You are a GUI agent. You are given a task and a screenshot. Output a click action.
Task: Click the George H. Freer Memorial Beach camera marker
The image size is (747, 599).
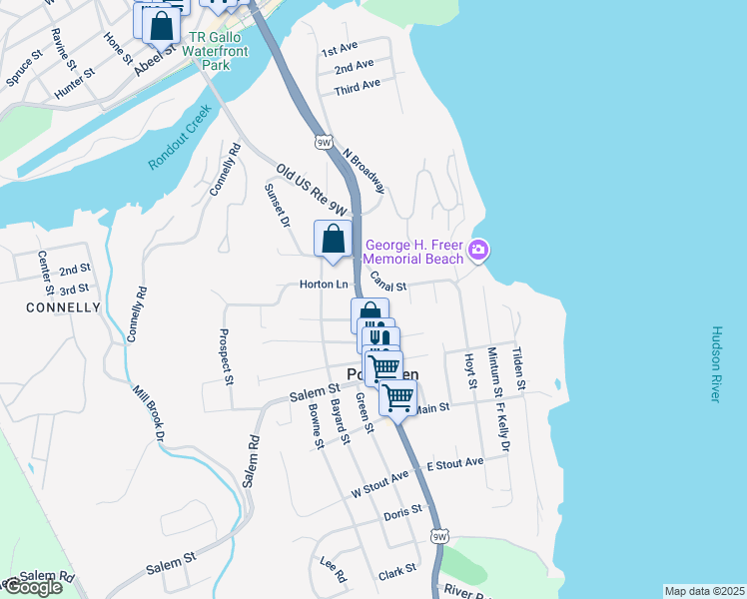click(x=479, y=249)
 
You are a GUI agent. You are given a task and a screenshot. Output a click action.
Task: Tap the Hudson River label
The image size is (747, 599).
click(x=715, y=363)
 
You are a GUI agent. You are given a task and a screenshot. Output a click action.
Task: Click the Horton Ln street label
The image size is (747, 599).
click(x=322, y=285)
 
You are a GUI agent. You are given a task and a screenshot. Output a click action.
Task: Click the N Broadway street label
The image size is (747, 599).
click(x=364, y=171)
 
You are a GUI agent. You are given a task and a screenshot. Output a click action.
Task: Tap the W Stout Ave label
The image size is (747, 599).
click(x=379, y=485)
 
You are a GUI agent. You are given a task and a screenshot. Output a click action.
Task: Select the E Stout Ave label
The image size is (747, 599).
click(x=454, y=463)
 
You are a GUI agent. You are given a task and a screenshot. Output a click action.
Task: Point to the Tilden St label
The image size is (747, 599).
click(x=517, y=367)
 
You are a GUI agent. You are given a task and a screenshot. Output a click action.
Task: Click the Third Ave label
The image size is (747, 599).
click(x=358, y=87)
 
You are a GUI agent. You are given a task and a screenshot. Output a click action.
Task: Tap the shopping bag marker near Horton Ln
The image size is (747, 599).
click(x=334, y=239)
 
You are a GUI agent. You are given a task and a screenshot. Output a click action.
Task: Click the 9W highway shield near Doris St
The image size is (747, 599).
click(x=439, y=537)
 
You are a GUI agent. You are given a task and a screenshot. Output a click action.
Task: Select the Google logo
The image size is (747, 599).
click(x=32, y=587)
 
